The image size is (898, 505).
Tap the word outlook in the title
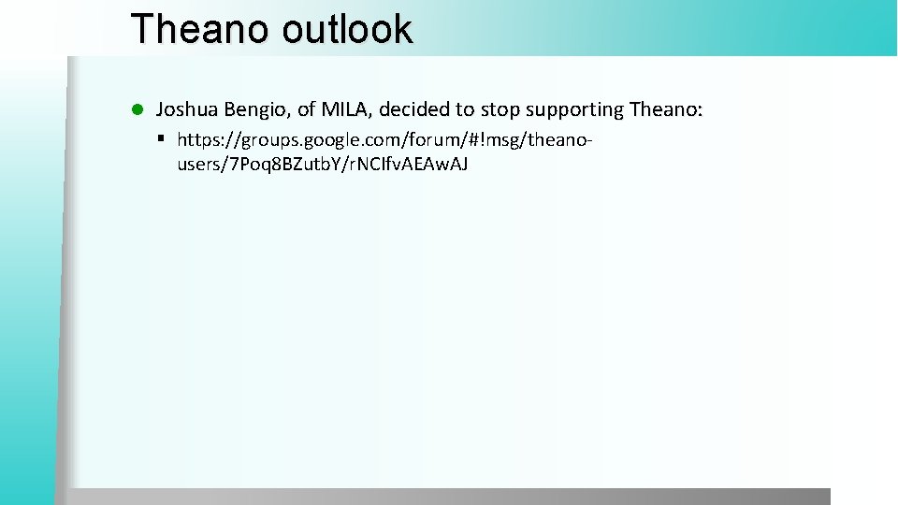[x=346, y=29]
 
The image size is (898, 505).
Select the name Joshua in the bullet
[x=187, y=110]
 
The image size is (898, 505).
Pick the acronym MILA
[x=347, y=110]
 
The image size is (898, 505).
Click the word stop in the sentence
[x=501, y=110]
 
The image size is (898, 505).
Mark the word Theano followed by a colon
[x=665, y=110]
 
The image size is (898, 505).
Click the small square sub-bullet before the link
[x=161, y=138]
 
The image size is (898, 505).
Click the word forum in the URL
[x=415, y=140]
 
